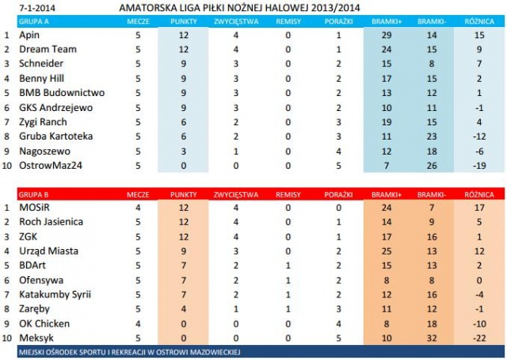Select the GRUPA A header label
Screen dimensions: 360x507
coord(32,21)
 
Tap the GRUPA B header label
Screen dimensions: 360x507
coord(32,193)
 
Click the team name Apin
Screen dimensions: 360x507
coord(29,36)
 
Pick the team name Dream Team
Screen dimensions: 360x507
coord(44,50)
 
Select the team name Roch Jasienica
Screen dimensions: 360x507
coord(51,222)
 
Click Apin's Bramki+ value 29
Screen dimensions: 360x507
coord(387,36)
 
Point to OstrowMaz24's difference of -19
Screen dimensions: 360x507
coord(478,165)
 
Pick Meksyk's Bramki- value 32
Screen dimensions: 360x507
coord(432,338)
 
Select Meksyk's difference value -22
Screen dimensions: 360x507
coord(478,338)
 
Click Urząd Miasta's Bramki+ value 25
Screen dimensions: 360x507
coord(387,251)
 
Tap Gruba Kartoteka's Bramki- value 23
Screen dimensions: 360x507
coord(432,136)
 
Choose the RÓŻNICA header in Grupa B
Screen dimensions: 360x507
coord(478,193)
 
